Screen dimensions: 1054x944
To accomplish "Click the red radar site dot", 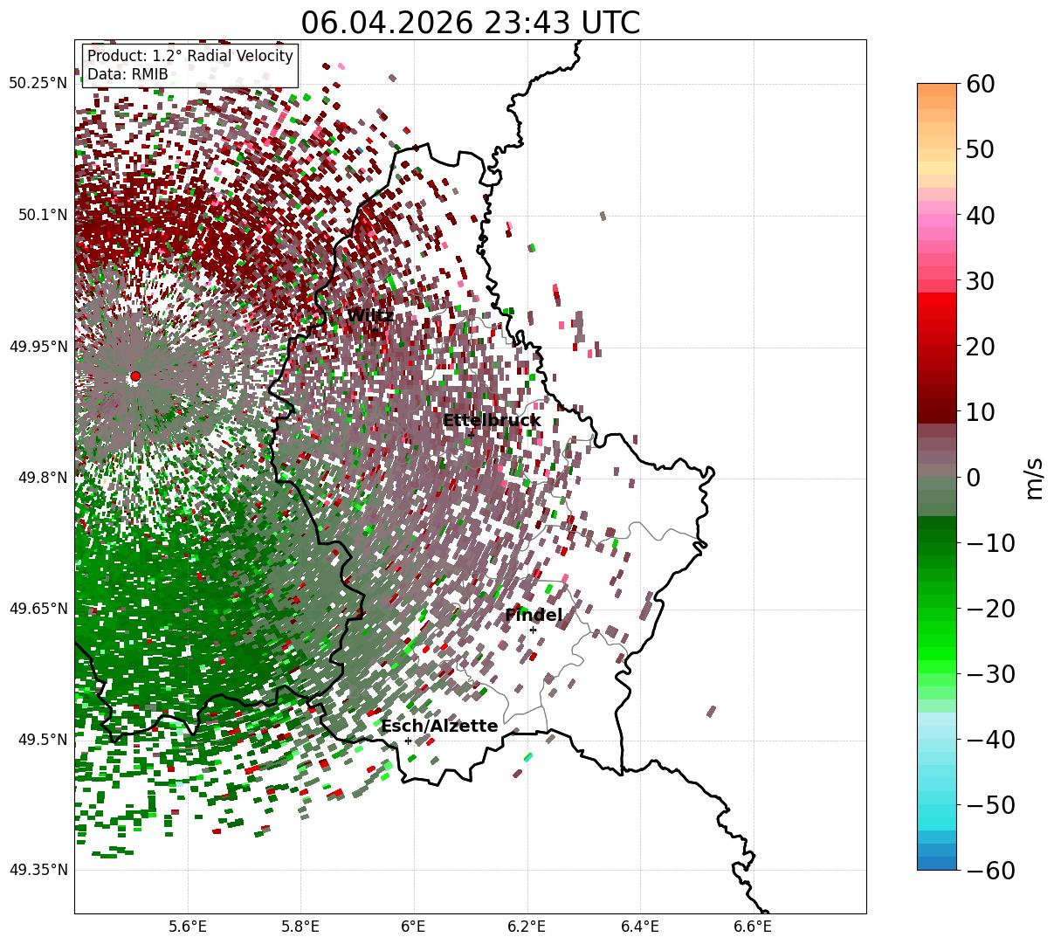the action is [x=135, y=376].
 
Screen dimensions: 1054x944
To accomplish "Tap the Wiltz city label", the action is [x=370, y=315].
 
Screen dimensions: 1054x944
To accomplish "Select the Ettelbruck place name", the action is [x=492, y=420].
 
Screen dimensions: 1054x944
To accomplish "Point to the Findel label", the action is [x=534, y=615].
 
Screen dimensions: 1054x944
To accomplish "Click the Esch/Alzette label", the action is [x=439, y=726].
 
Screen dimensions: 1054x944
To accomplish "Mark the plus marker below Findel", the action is [x=533, y=630].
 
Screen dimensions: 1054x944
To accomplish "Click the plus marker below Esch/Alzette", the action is [x=408, y=741].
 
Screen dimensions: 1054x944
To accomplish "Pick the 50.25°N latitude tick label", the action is [x=38, y=83].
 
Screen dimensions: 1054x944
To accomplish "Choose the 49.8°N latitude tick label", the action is [x=43, y=478].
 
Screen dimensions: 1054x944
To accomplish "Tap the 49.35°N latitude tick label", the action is [x=38, y=870].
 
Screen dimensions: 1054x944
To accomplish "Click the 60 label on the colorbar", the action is [x=980, y=84].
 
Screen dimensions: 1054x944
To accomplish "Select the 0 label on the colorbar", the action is [x=973, y=477].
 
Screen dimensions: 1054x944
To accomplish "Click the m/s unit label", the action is [x=1034, y=479].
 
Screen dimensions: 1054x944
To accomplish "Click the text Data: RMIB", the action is [x=127, y=74].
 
